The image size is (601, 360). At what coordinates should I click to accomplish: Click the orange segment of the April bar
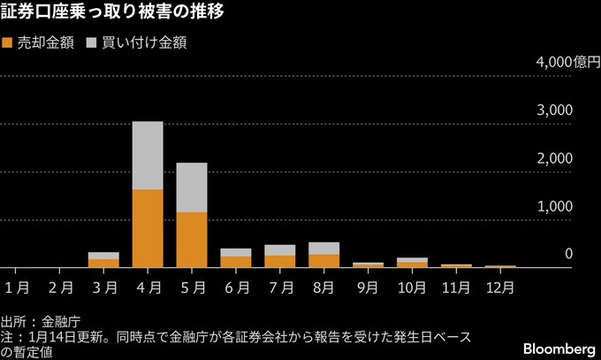[x=148, y=228]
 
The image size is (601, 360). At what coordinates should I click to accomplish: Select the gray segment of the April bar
[x=148, y=156]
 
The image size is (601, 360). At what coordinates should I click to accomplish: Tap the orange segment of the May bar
[x=192, y=240]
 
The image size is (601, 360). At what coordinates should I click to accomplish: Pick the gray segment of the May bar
[x=192, y=188]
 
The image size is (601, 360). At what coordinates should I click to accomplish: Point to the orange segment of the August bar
[x=323, y=261]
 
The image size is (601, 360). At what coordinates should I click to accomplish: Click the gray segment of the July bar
[x=279, y=250]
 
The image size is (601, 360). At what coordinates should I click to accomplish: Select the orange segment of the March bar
[x=103, y=263]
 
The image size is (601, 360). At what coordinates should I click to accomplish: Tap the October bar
[x=412, y=263]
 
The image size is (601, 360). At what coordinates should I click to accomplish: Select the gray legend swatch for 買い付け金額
[x=92, y=42]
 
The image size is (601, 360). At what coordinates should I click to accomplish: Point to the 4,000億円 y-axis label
[x=554, y=62]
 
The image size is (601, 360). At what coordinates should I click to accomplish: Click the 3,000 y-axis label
[x=556, y=110]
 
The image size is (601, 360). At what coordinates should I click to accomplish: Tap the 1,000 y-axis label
[x=556, y=205]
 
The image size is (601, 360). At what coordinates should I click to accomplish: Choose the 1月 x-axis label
[x=17, y=287]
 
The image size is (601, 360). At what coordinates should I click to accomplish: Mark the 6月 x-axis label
[x=236, y=287]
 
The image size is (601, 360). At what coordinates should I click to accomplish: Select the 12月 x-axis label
[x=499, y=287]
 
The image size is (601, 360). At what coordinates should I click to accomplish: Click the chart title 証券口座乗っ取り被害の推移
[x=112, y=13]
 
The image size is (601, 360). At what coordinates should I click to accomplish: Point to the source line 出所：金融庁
[x=41, y=319]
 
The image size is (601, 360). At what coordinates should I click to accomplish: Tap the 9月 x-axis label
[x=369, y=287]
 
